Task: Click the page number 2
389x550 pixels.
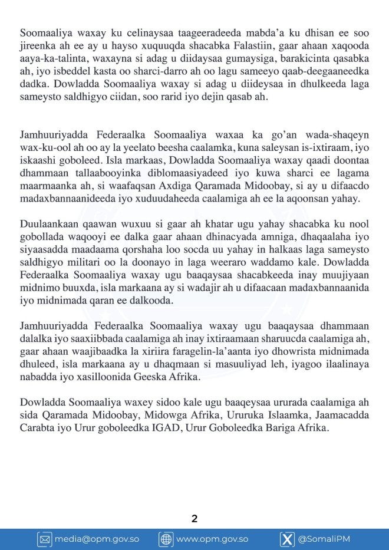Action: click(194, 519)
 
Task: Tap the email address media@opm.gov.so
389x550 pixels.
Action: click(97, 539)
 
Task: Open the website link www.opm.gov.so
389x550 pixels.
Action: click(212, 539)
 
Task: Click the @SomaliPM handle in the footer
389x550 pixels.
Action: click(322, 539)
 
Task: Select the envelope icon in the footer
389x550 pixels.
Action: click(45, 539)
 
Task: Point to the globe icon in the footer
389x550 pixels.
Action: click(166, 539)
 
